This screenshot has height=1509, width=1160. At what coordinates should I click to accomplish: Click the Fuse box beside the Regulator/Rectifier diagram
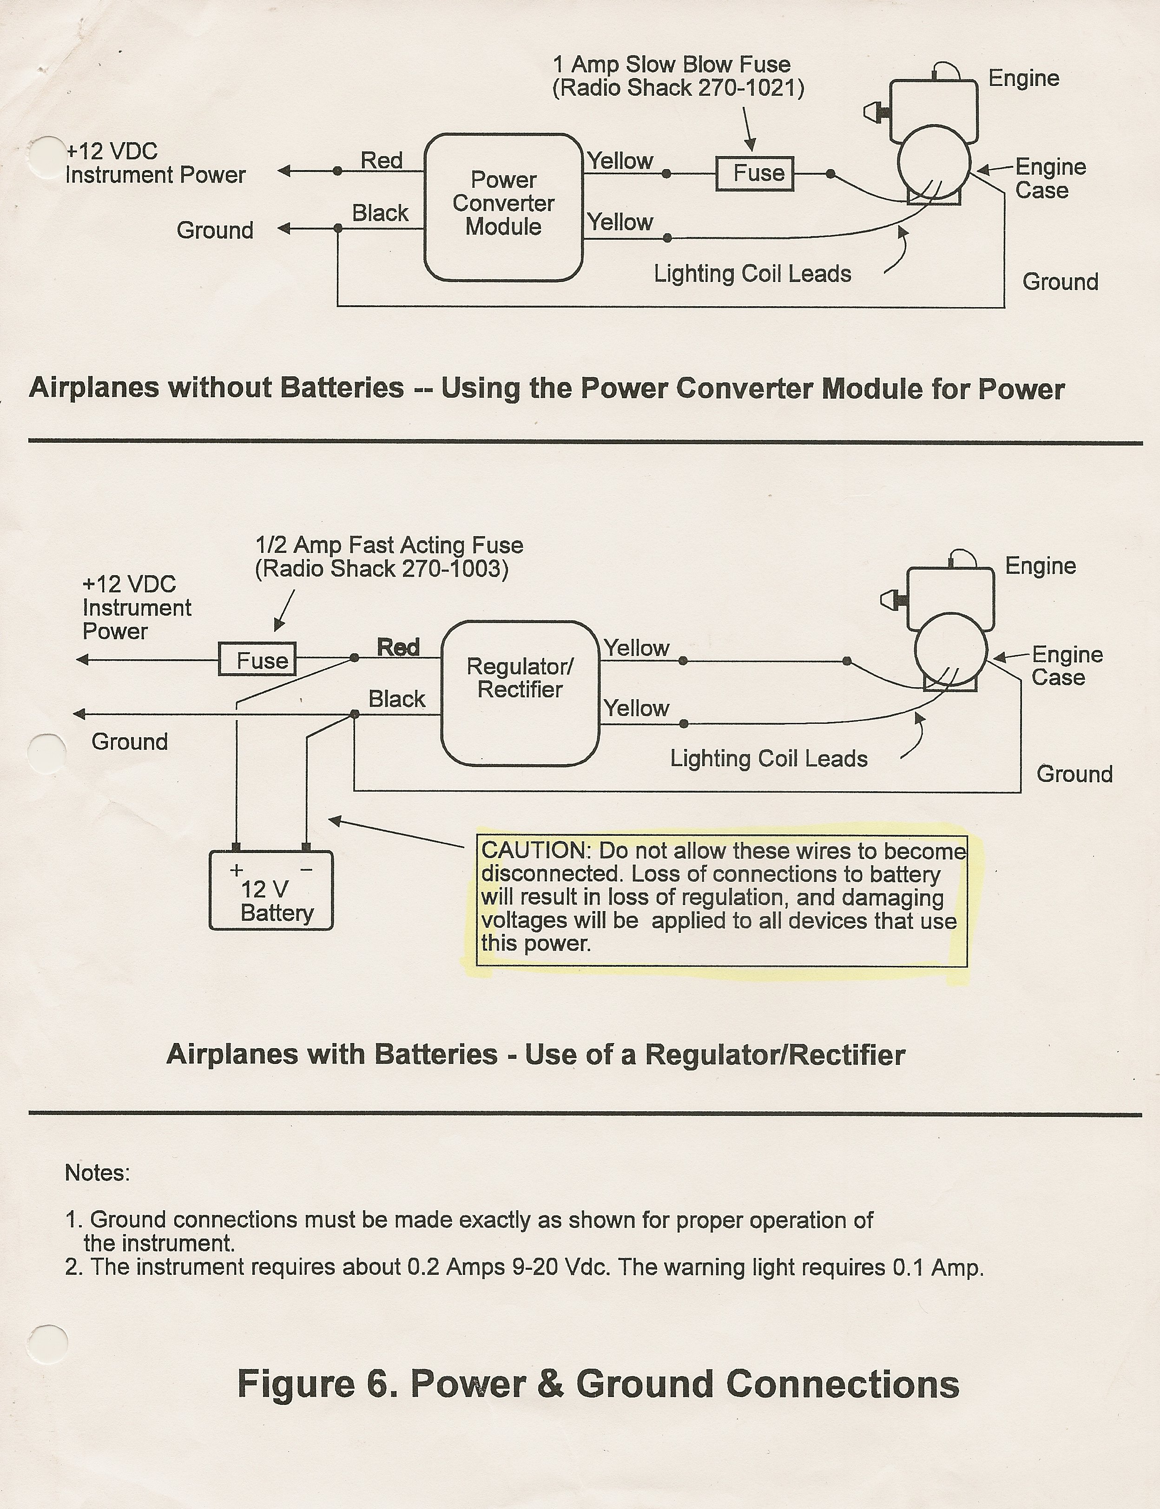point(257,660)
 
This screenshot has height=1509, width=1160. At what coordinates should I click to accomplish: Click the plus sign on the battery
point(236,870)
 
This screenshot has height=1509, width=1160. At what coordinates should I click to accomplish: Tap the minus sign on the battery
point(307,870)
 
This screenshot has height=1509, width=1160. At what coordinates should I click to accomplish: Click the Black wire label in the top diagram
point(380,213)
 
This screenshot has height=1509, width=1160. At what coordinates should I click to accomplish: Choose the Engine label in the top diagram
point(1023,78)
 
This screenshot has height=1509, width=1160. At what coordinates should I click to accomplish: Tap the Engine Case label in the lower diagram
point(1066,665)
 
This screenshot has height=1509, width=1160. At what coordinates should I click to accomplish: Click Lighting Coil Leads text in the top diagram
point(752,274)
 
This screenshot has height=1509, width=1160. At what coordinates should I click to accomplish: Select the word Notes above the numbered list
point(97,1173)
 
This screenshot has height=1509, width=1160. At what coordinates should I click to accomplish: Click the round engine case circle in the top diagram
point(934,163)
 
